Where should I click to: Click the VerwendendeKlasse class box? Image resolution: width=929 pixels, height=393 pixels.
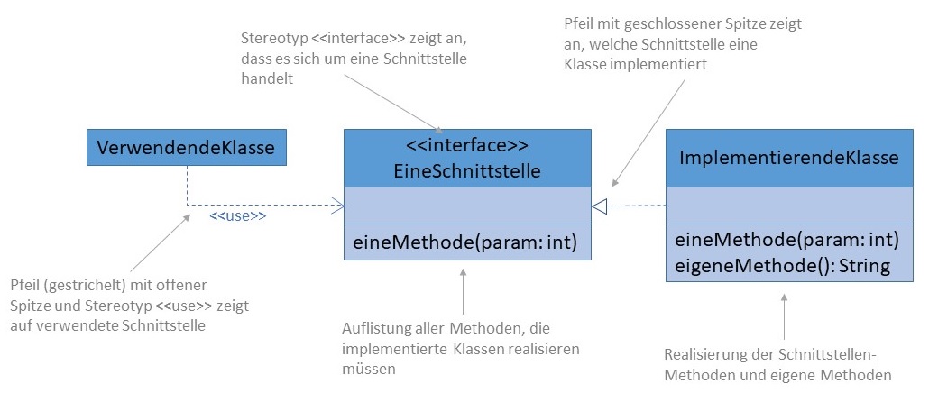(x=186, y=148)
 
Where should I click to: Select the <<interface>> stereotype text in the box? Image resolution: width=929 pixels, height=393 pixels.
(x=467, y=145)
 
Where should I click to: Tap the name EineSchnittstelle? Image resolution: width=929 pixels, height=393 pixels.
(x=467, y=169)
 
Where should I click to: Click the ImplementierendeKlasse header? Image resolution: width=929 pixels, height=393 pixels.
(x=788, y=158)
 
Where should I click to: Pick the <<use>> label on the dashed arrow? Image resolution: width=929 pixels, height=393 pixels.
(x=237, y=216)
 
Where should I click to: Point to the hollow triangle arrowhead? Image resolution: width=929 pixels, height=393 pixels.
(x=601, y=206)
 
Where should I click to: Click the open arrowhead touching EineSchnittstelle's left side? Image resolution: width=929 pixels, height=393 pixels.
(x=339, y=206)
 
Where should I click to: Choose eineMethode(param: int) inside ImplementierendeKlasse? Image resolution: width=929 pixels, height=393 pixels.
(x=787, y=240)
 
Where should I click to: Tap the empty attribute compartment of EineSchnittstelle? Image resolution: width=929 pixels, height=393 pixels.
(x=467, y=206)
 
